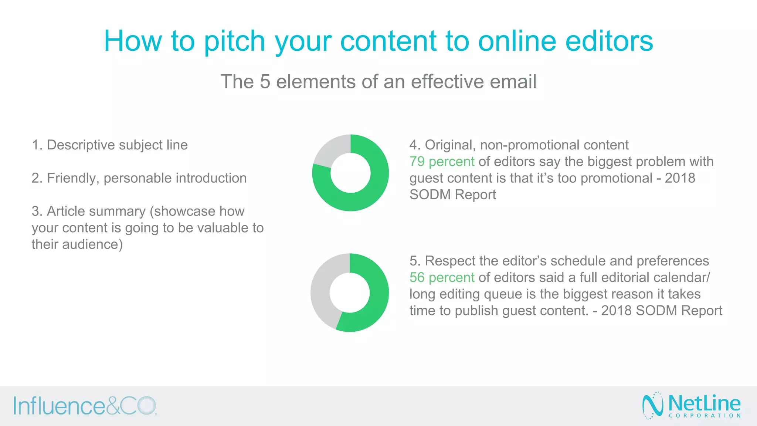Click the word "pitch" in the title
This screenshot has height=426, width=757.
click(234, 41)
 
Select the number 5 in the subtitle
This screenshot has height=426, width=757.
click(265, 81)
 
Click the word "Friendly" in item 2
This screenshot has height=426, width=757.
click(73, 178)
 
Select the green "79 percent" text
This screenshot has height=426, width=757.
click(442, 162)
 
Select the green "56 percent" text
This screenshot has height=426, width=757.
click(442, 278)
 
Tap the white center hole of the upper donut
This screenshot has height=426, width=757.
click(350, 173)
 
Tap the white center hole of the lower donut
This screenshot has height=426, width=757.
click(350, 293)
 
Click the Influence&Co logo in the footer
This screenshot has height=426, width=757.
click(85, 406)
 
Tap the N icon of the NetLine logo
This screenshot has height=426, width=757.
click(653, 405)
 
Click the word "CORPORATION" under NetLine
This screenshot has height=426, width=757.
click(705, 416)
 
